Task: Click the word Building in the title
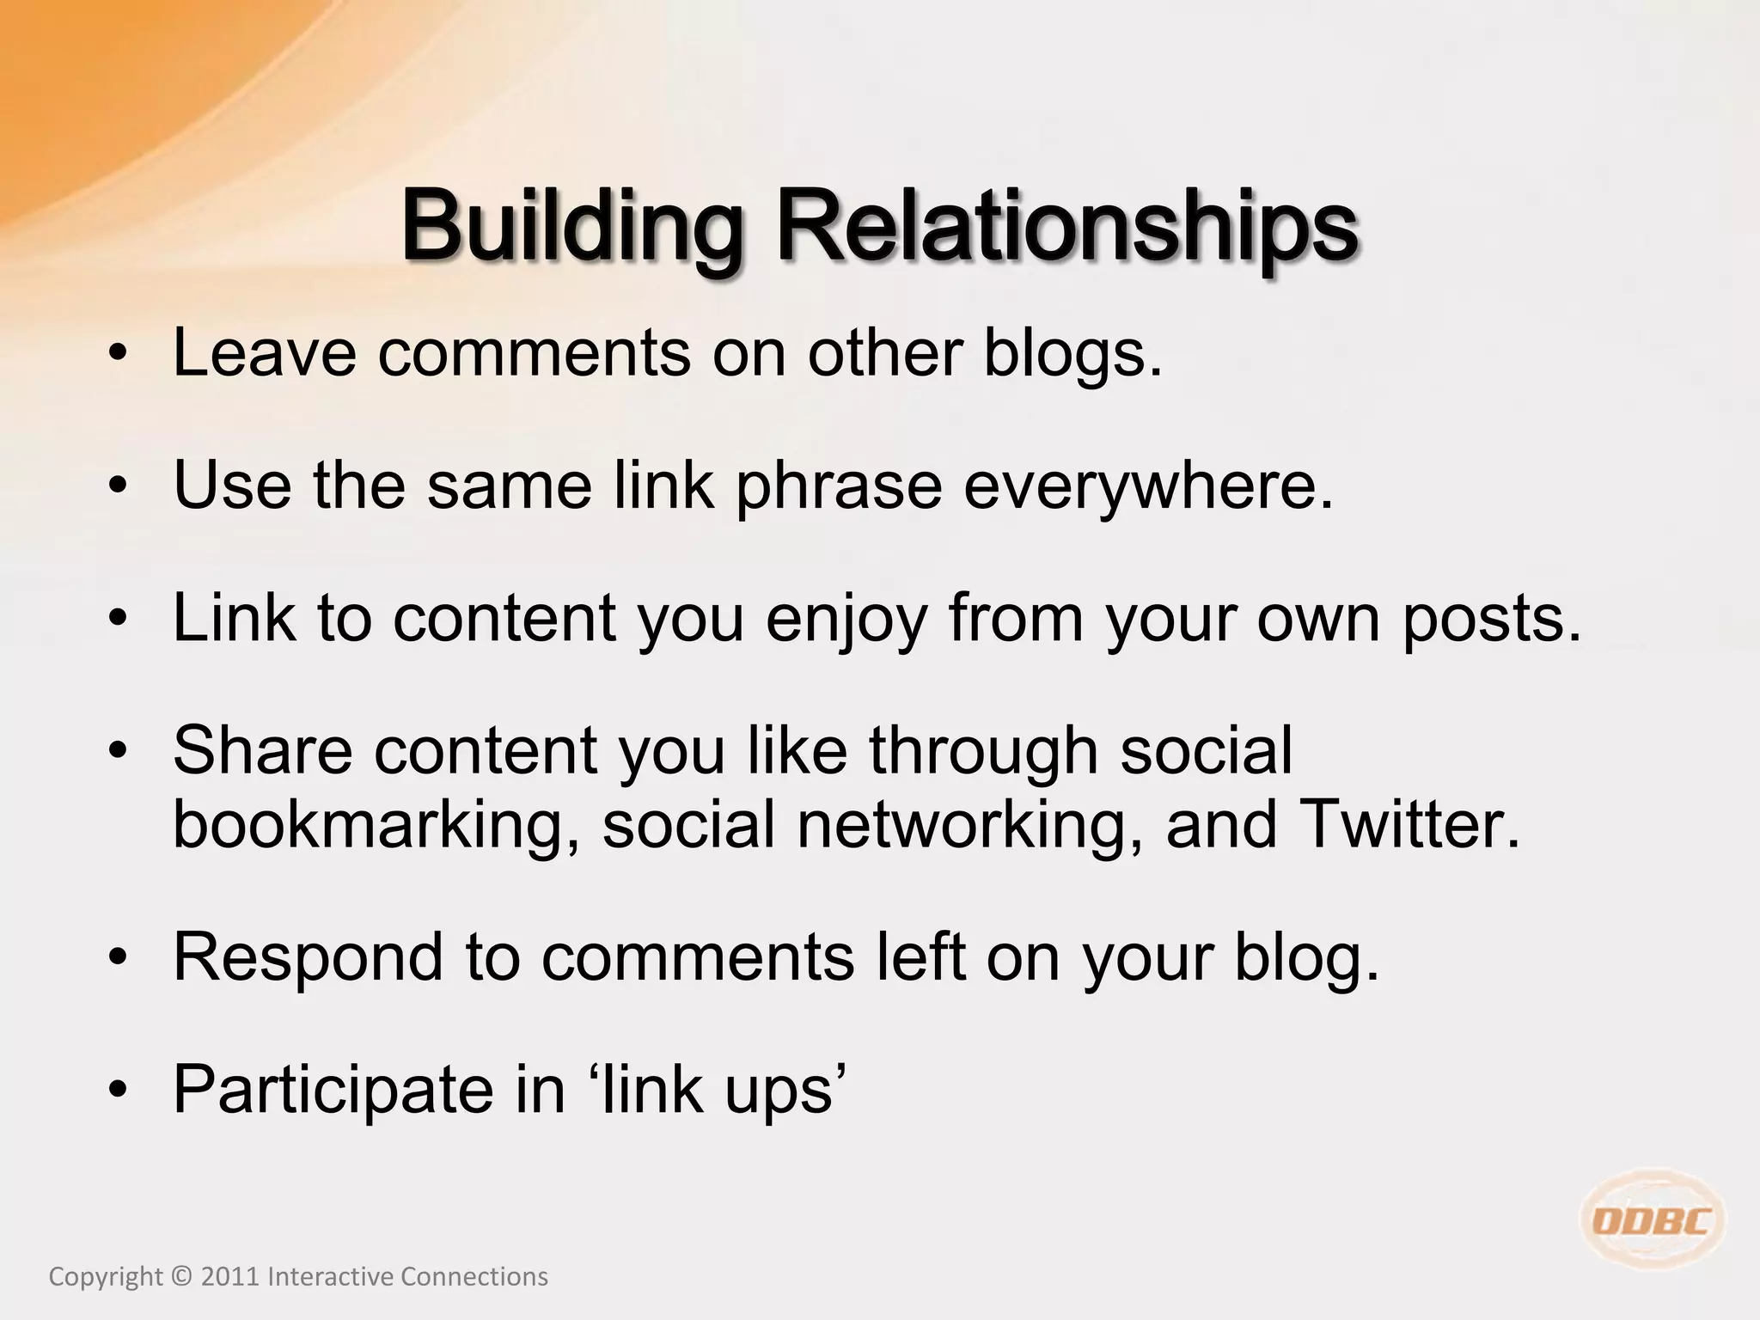point(571,228)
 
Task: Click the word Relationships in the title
point(1066,228)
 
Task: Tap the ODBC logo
point(1653,1220)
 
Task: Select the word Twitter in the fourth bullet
point(1409,824)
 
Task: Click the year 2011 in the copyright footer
point(229,1277)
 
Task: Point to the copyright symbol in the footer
point(181,1277)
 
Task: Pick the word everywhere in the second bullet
point(1148,486)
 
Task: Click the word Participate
point(333,1091)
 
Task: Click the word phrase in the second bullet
point(839,486)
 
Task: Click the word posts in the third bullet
point(1491,619)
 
